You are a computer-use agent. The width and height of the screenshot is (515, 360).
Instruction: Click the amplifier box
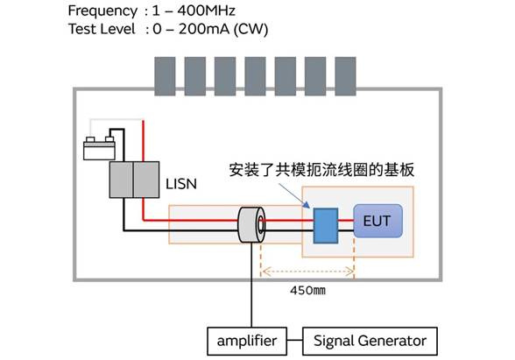click(x=247, y=341)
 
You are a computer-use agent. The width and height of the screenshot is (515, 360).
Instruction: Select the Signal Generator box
click(x=370, y=341)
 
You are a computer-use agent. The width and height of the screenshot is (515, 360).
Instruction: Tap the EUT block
click(x=377, y=221)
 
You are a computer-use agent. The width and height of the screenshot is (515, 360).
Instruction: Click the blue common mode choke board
click(x=326, y=226)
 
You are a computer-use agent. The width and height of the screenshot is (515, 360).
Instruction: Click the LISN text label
click(x=181, y=184)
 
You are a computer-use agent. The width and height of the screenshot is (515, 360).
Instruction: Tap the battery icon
click(x=100, y=148)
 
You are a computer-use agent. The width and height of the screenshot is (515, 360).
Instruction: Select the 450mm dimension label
click(x=307, y=291)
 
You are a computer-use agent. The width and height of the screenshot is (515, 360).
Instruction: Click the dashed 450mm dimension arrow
click(x=308, y=272)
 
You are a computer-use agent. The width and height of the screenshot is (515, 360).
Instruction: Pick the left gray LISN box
click(x=121, y=180)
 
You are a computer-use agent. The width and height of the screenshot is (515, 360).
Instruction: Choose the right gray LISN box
click(x=146, y=180)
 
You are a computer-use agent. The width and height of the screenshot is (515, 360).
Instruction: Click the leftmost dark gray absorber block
click(x=165, y=76)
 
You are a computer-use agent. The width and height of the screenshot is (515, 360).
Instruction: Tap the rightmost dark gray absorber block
click(x=345, y=76)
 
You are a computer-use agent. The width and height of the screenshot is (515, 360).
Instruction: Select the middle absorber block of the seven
click(x=255, y=76)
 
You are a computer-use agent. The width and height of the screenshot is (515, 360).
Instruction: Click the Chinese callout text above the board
click(x=321, y=170)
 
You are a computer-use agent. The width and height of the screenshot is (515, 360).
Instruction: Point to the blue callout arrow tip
click(x=310, y=208)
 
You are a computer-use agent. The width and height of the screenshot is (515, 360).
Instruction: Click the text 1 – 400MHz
click(x=194, y=11)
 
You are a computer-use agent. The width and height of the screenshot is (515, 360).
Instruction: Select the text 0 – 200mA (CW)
click(x=210, y=29)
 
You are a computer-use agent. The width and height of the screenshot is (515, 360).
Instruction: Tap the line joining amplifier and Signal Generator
click(x=294, y=340)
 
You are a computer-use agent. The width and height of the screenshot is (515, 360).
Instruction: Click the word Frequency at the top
click(x=102, y=11)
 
